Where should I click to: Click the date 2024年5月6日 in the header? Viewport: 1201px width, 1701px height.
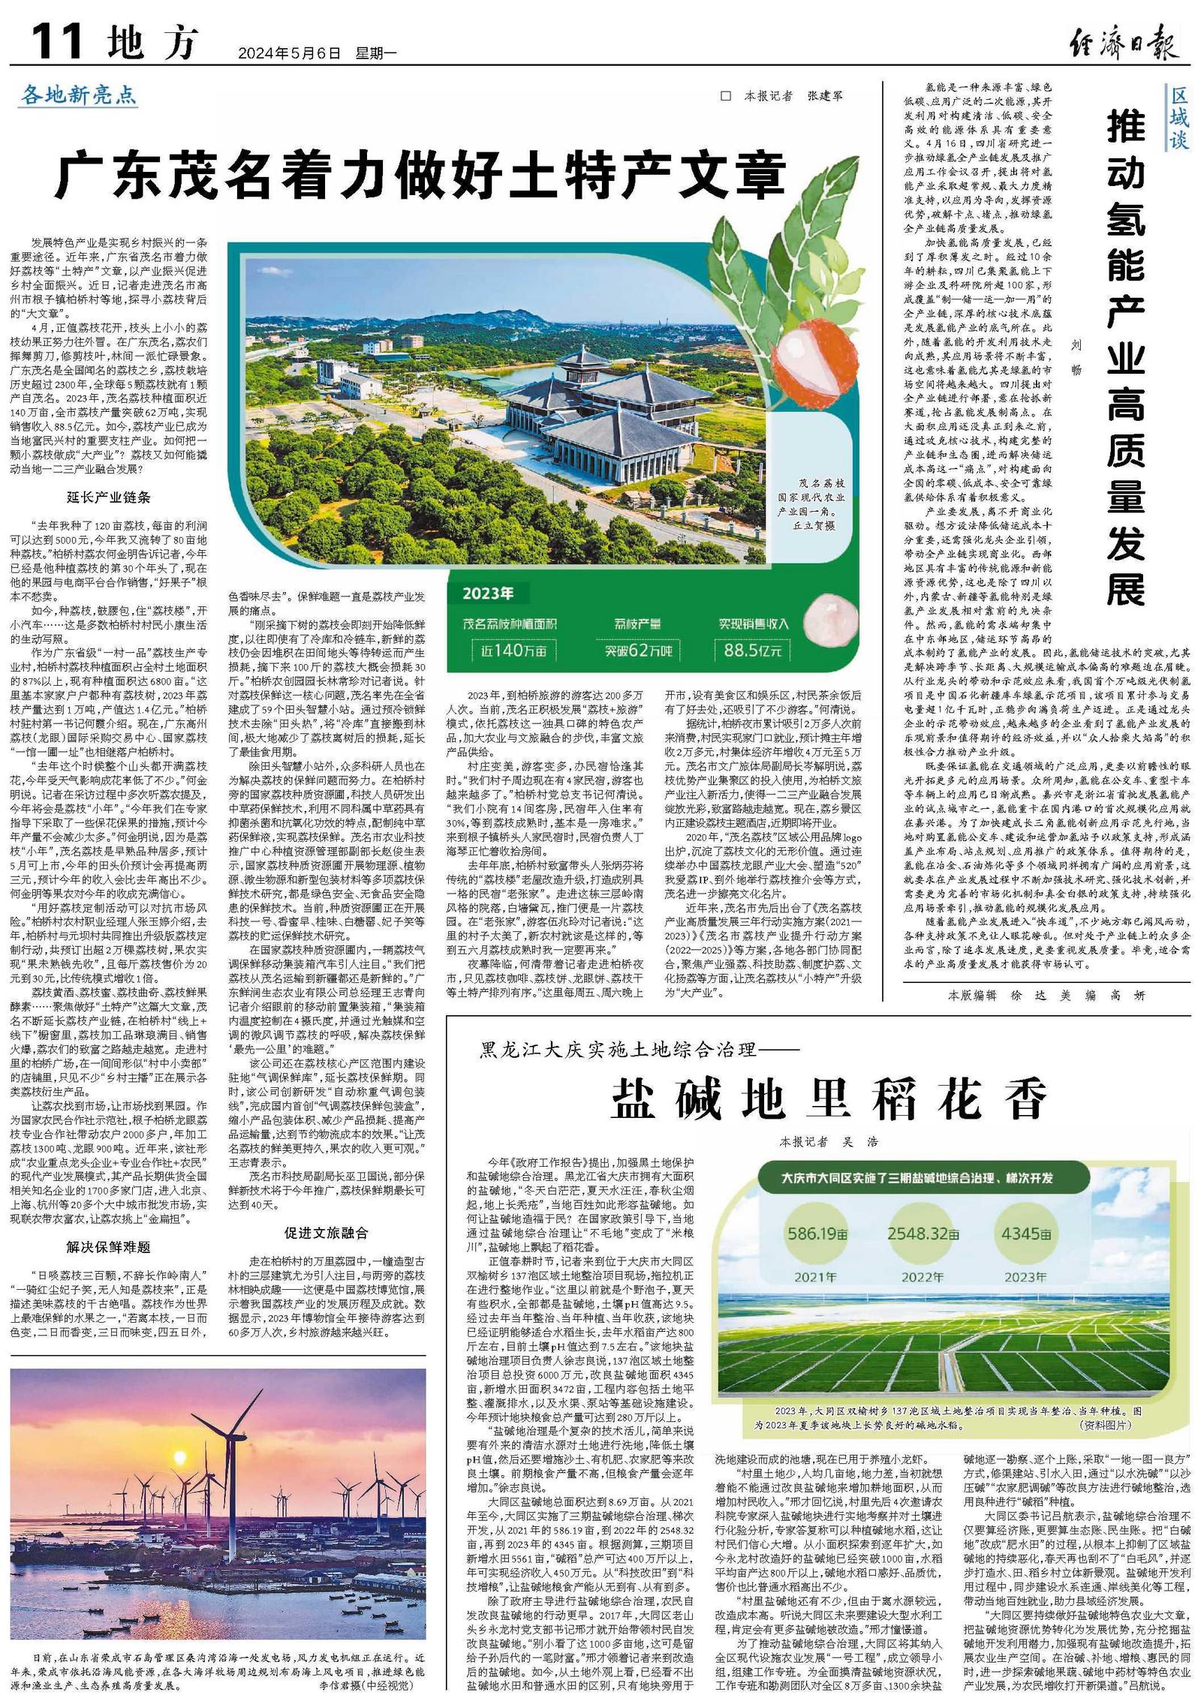pyautogui.click(x=289, y=53)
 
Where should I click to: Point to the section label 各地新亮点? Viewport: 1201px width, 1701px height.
pyautogui.click(x=79, y=95)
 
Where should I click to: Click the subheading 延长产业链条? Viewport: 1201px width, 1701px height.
pyautogui.click(x=109, y=497)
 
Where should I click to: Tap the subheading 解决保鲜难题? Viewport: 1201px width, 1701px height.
pyautogui.click(x=109, y=1247)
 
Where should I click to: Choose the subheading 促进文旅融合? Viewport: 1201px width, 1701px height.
pyautogui.click(x=327, y=1233)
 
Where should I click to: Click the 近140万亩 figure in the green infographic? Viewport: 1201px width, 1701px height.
pyautogui.click(x=514, y=650)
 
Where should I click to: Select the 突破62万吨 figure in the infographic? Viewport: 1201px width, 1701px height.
pyautogui.click(x=639, y=650)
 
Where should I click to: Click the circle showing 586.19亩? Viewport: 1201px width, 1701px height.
pyautogui.click(x=815, y=1234)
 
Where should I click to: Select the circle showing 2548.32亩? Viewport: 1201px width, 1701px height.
pyautogui.click(x=923, y=1234)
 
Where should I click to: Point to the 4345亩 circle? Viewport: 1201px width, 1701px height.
pyautogui.click(x=1025, y=1234)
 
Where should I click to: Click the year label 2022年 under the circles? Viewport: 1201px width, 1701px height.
pyautogui.click(x=923, y=1276)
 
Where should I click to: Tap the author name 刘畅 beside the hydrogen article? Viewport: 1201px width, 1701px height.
pyautogui.click(x=1076, y=356)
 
